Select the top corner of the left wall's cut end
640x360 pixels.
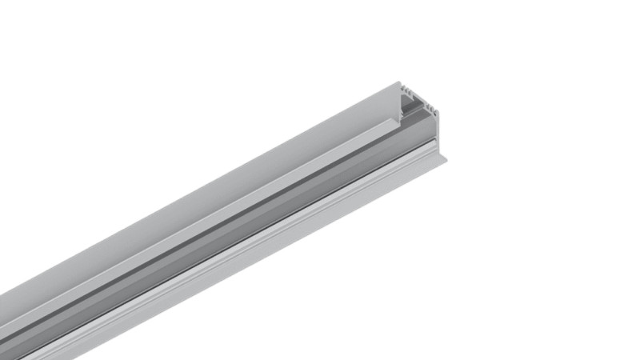[398, 82]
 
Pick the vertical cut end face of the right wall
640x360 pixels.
[436, 128]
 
